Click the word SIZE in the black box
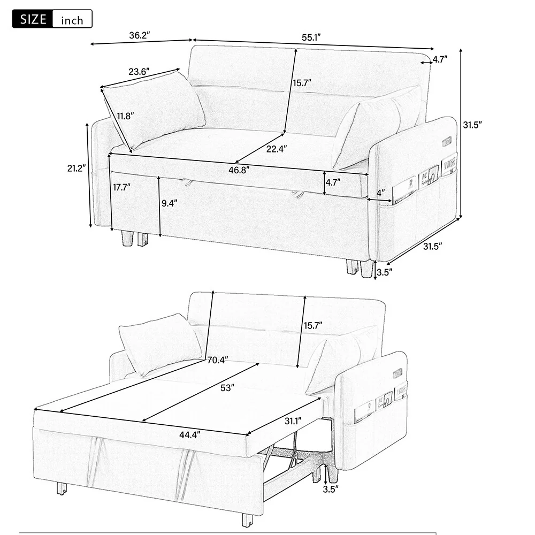click(x=32, y=20)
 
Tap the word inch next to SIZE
click(x=72, y=20)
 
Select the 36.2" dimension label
click(x=139, y=36)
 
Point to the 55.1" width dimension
click(x=310, y=37)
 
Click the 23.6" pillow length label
click(x=139, y=71)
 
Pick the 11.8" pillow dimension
click(x=125, y=116)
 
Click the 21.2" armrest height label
click(x=77, y=168)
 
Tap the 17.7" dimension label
click(x=121, y=187)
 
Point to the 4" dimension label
click(x=380, y=192)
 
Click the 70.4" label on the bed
click(x=216, y=360)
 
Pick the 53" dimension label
click(x=227, y=389)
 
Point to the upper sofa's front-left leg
click(x=128, y=238)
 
